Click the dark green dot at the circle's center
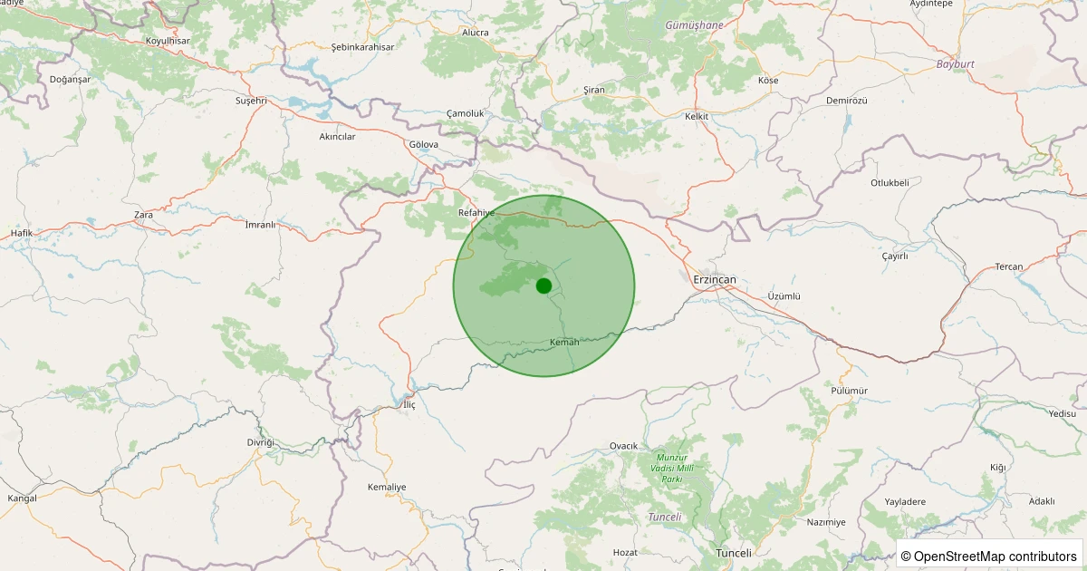(x=543, y=285)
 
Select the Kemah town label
(x=564, y=342)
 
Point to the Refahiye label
(x=476, y=212)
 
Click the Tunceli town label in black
(x=734, y=553)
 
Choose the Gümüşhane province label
(x=694, y=25)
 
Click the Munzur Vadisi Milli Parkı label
(x=671, y=468)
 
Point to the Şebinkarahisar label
(x=362, y=46)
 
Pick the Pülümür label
(x=849, y=390)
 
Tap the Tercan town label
(x=1008, y=266)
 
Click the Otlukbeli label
(x=890, y=182)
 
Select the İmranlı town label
(x=260, y=224)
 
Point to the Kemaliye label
(x=387, y=487)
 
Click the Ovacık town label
(x=624, y=445)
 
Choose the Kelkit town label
(x=696, y=117)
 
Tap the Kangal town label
(x=22, y=498)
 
